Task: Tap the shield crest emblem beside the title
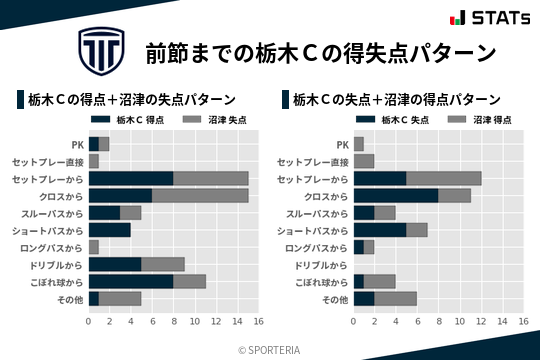[x=101, y=50]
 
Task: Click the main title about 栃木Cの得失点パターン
[x=320, y=51]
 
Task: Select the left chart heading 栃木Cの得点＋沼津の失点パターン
[x=130, y=99]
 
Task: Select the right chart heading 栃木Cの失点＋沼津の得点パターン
[x=396, y=99]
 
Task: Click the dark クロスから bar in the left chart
[x=120, y=195]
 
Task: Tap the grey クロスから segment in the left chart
[x=200, y=195]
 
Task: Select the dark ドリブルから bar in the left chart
[x=115, y=264]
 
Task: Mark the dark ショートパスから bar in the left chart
[x=110, y=230]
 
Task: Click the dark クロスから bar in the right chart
[x=396, y=195]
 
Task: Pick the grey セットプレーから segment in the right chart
[x=444, y=178]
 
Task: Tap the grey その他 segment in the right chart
[x=396, y=299]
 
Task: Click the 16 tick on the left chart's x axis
[x=258, y=321]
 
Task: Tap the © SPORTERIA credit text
[x=270, y=349]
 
